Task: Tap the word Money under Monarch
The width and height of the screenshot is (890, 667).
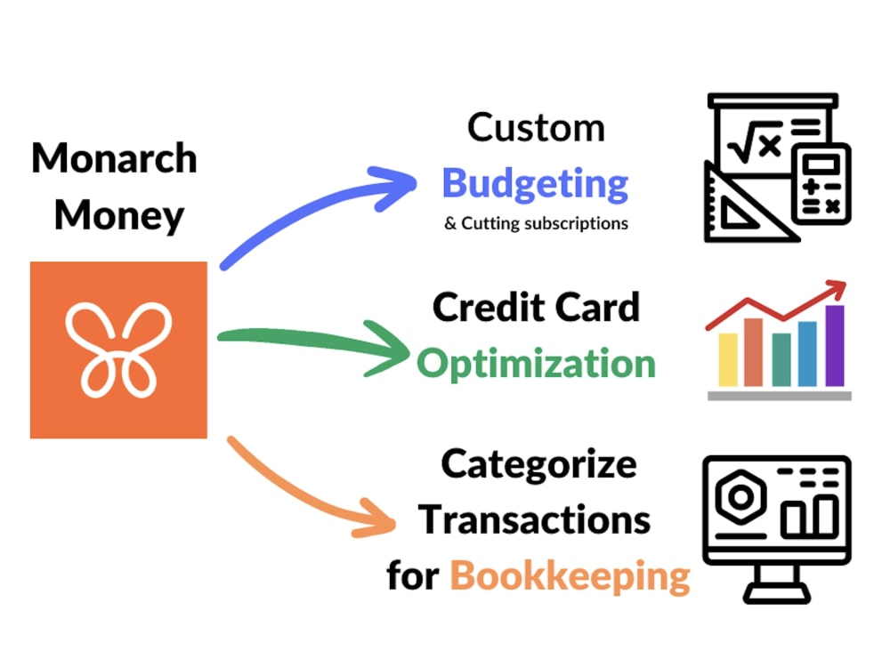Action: [x=119, y=216]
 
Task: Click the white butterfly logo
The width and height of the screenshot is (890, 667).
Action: [x=118, y=350]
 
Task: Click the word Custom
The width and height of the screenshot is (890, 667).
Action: [x=536, y=127]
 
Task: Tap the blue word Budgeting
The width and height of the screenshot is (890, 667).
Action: [x=535, y=184]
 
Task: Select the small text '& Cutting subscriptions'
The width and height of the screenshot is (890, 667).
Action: [x=537, y=223]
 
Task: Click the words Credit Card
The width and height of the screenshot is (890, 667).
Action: [x=536, y=308]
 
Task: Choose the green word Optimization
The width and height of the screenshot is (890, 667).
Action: [x=536, y=364]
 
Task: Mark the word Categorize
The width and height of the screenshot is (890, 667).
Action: [x=538, y=465]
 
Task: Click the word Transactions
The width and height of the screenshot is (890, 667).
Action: [x=534, y=520]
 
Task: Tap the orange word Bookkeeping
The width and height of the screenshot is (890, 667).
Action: [x=570, y=577]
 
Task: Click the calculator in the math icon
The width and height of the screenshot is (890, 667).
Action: [x=821, y=183]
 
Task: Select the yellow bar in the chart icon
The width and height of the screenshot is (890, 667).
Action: [x=728, y=359]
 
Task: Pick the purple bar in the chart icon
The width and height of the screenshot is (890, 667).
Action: [x=835, y=345]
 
